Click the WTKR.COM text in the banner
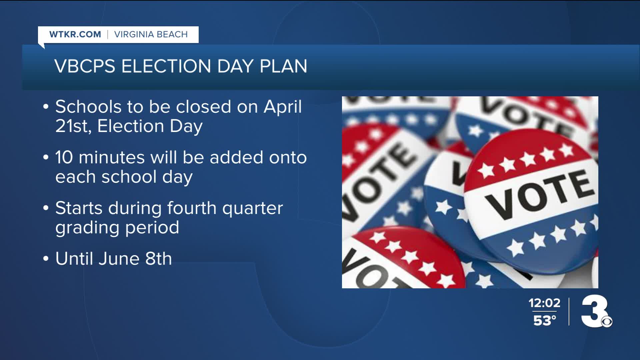[x=75, y=34]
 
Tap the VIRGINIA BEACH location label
[x=151, y=34]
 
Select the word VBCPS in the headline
[x=85, y=66]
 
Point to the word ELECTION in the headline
[x=166, y=66]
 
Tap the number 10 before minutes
[x=64, y=157]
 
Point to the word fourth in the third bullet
[x=192, y=208]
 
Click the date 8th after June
[x=158, y=259]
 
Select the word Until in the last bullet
[x=74, y=259]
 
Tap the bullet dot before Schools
[x=46, y=107]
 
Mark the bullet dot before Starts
[x=46, y=209]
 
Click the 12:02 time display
[x=544, y=303]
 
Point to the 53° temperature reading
[x=545, y=320]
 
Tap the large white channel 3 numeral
[x=595, y=311]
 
